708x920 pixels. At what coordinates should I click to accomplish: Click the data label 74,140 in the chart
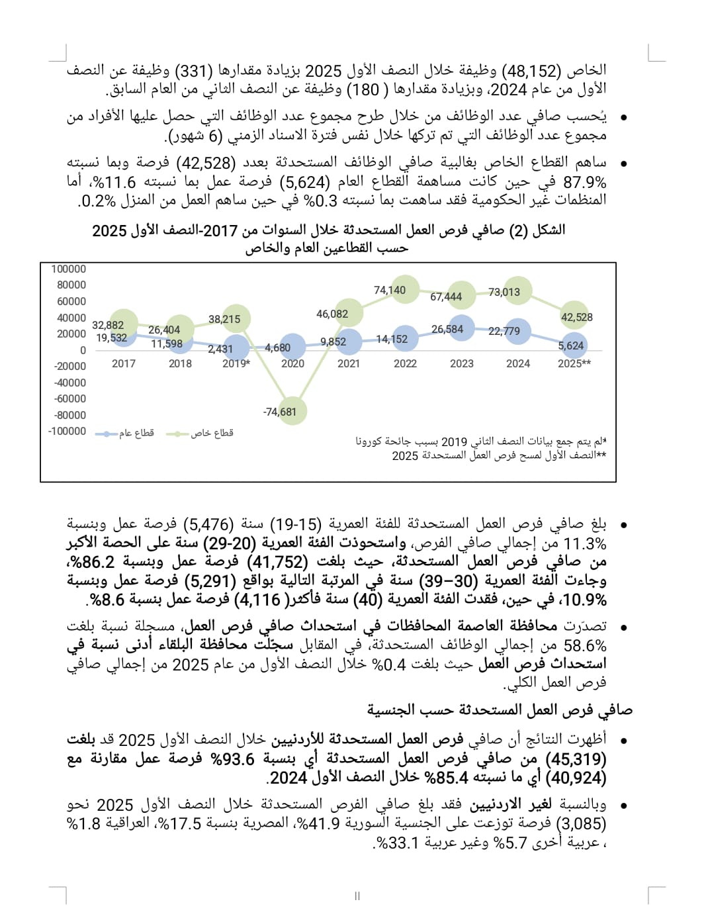(x=390, y=290)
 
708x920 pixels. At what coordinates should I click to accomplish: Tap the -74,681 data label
(x=280, y=412)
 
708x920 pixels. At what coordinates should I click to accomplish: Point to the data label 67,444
(x=446, y=297)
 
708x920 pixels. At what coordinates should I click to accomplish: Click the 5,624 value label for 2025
(x=570, y=345)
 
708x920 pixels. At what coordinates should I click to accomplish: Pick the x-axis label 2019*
(x=236, y=363)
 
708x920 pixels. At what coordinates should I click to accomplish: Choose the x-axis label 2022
(x=405, y=363)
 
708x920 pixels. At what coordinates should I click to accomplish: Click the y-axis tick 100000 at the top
(x=69, y=269)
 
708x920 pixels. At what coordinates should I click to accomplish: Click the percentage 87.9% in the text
(x=585, y=182)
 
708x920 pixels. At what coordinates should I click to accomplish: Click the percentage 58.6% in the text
(x=585, y=645)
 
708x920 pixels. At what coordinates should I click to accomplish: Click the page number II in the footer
(x=357, y=896)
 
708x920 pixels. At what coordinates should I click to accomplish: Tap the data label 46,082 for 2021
(x=332, y=314)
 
